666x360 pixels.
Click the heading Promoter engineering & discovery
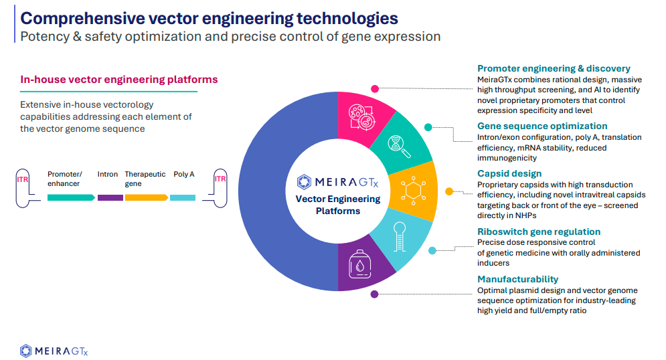(x=554, y=68)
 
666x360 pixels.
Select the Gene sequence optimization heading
(x=542, y=126)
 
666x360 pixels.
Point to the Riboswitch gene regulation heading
(x=539, y=232)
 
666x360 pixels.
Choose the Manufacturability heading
(x=517, y=279)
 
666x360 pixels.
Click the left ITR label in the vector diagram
(x=21, y=179)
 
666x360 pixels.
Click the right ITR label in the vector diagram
(x=220, y=179)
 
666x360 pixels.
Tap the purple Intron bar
(x=110, y=197)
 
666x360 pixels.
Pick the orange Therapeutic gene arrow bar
(x=145, y=197)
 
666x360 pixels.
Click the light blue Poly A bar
(x=183, y=197)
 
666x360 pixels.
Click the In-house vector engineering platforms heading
(x=119, y=80)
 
